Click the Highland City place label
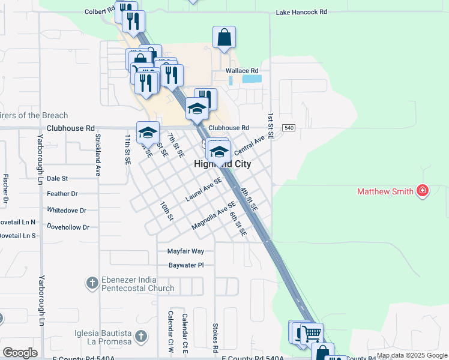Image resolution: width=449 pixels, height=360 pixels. [222, 164]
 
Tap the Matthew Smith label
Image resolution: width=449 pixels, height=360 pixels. [385, 192]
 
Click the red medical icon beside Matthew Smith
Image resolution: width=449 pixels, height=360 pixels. [423, 191]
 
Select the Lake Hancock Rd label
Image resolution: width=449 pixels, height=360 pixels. [301, 12]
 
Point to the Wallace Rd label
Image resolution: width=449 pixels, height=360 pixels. [242, 71]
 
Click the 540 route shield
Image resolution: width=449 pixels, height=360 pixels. [289, 128]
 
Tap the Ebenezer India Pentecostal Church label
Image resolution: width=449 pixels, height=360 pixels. [137, 284]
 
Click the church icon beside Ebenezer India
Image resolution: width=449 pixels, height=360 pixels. [92, 283]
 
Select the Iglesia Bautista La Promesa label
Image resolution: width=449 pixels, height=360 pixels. [103, 337]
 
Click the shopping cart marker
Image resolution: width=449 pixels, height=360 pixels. [312, 333]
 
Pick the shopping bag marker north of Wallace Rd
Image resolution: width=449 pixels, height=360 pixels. [224, 37]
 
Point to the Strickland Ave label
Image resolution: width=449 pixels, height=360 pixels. [97, 155]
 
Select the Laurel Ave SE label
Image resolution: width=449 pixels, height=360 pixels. [203, 188]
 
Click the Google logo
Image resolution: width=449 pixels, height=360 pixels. [20, 353]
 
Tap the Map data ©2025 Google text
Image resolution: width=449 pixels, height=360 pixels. [412, 356]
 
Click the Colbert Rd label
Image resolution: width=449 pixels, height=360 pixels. [99, 10]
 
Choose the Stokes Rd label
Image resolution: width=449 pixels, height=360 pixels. [215, 338]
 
